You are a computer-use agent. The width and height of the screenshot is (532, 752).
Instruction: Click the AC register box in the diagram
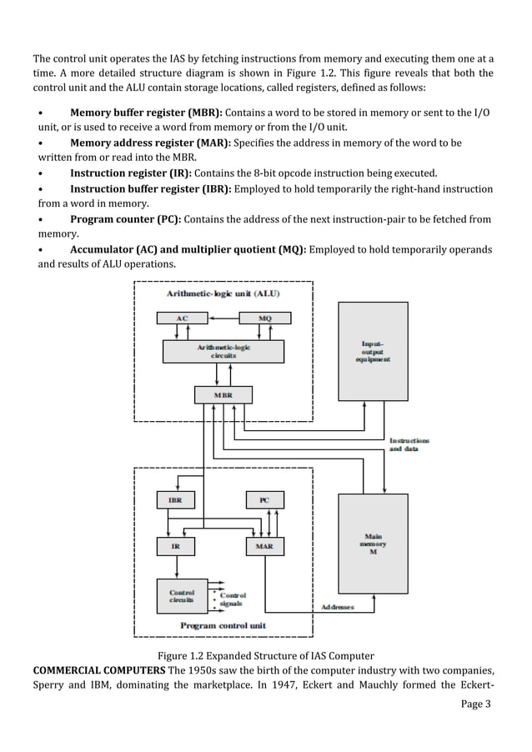point(181,318)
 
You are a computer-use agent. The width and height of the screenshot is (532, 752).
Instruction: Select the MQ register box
point(264,318)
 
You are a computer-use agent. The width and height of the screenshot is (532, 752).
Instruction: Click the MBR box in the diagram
point(223,394)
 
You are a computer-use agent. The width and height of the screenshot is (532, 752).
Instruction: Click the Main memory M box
point(372,544)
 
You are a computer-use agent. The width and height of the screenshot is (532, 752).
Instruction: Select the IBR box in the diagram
point(176,500)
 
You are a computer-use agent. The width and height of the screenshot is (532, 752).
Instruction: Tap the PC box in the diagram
point(264,500)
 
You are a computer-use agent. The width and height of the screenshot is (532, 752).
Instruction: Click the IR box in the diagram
point(176,547)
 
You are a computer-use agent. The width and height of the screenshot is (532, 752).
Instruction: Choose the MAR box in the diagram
point(264,547)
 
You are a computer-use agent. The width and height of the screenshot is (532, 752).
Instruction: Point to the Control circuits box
point(182,595)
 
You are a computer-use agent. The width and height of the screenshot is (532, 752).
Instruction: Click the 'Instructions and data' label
point(409,444)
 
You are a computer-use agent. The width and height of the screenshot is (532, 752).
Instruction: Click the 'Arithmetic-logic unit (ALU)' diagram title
point(223,293)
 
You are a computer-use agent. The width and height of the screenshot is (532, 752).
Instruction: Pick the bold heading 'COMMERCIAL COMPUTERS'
point(96,670)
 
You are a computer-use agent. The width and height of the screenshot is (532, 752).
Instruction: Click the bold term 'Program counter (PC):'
point(125,219)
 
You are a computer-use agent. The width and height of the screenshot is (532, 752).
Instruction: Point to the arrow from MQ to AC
point(223,318)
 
